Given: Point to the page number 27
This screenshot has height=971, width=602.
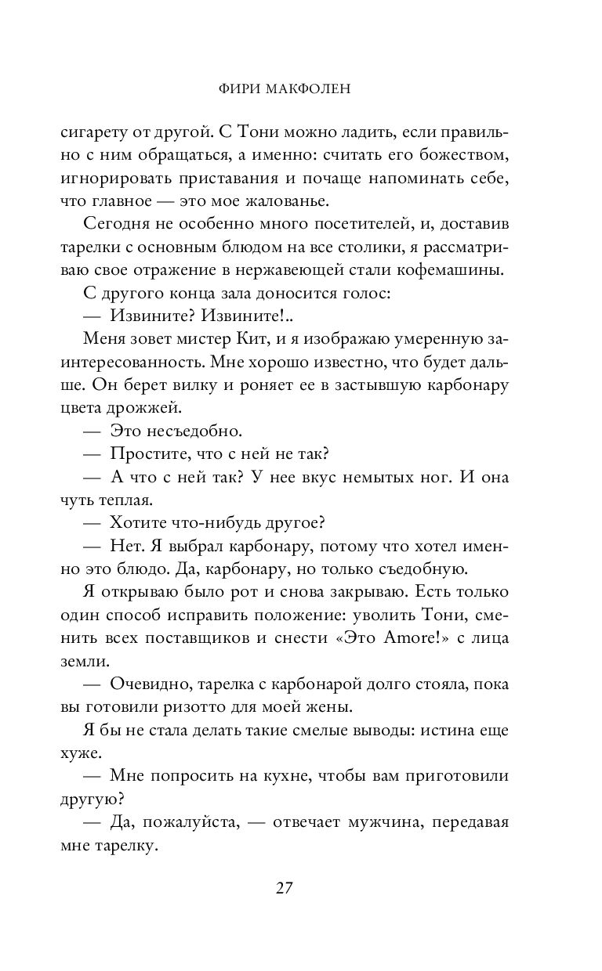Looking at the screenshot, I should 284,888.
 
